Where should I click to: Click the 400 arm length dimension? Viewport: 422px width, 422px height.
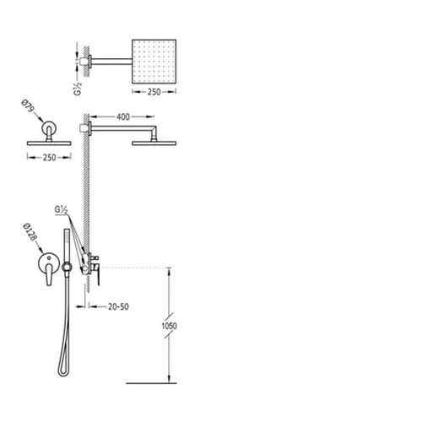click(x=123, y=116)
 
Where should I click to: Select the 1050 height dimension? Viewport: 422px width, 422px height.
click(x=169, y=326)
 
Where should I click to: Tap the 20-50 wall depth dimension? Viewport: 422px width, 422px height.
click(x=118, y=306)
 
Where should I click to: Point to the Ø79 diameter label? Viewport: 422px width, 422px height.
click(x=28, y=105)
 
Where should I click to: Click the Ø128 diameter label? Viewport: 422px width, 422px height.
click(x=30, y=232)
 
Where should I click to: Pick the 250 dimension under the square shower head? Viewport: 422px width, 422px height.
click(x=154, y=92)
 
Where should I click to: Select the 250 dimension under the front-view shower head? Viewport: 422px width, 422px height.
click(x=49, y=158)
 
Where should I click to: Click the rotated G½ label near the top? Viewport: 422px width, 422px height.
click(x=78, y=89)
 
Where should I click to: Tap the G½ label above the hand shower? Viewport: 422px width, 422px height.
click(x=61, y=210)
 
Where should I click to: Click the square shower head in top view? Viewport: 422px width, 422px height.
click(x=154, y=62)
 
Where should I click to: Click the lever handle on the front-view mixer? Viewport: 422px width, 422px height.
click(x=49, y=275)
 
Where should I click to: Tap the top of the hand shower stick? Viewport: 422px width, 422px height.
click(x=67, y=230)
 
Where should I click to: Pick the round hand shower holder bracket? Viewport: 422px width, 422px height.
click(x=67, y=267)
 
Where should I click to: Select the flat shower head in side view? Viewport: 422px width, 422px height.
click(x=154, y=143)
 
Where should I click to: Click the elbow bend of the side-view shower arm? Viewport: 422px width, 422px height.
click(x=154, y=129)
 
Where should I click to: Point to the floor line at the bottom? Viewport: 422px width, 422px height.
click(x=151, y=383)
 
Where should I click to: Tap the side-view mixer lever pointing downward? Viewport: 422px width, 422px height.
click(x=98, y=277)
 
